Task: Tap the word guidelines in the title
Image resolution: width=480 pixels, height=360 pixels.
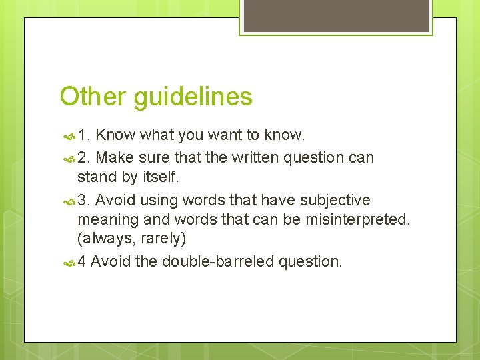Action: pos(193,97)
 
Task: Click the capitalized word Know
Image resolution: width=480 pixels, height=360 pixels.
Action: pos(115,135)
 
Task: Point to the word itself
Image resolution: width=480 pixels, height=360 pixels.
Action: pos(161,178)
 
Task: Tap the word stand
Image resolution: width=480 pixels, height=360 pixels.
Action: pos(95,178)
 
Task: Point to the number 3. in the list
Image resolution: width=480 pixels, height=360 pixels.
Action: pos(84,200)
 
